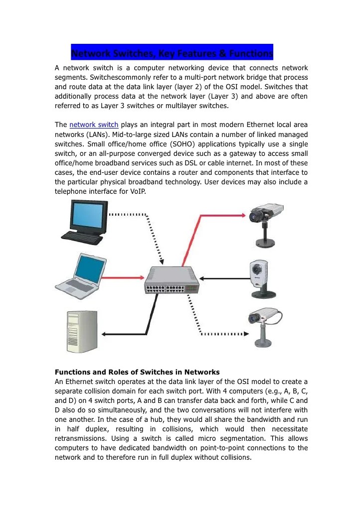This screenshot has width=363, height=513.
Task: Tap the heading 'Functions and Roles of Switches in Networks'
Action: pyautogui.click(x=137, y=372)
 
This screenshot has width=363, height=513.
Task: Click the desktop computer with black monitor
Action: pyautogui.click(x=88, y=220)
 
